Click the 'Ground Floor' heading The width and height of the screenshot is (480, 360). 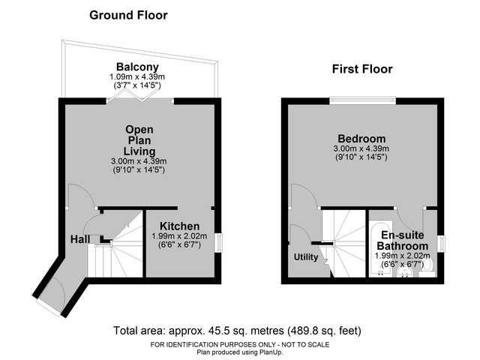coord(128,15)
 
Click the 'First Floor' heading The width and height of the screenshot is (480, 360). coord(362,69)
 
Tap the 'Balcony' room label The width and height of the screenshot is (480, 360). coord(137,67)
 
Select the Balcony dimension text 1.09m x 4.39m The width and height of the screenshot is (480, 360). coord(137,76)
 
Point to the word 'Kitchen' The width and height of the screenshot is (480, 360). coord(179,226)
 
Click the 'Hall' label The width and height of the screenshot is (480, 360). coord(80,239)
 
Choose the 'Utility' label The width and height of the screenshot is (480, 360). coord(306,257)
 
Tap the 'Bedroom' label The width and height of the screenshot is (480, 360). coord(361,139)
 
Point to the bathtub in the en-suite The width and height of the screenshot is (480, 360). coord(376,247)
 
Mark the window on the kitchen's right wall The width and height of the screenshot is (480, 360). coord(219,243)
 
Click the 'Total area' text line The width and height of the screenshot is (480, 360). coord(238,330)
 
